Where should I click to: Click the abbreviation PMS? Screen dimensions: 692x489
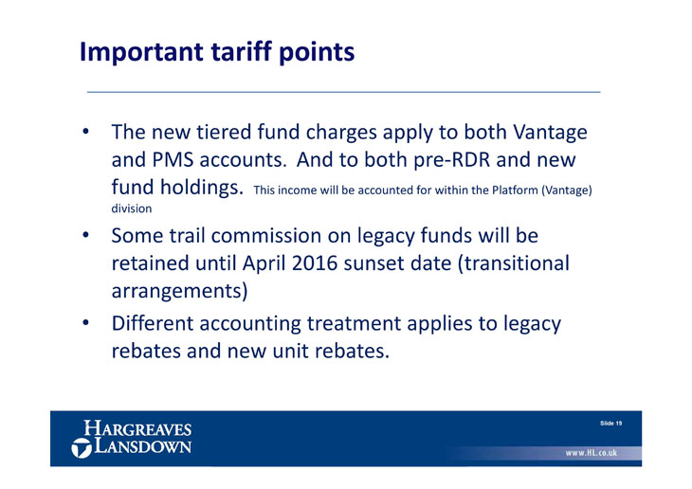pos(173,159)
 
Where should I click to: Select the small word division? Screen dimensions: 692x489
pos(132,208)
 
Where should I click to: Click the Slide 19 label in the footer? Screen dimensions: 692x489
pos(610,424)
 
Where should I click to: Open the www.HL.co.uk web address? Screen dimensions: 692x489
pos(592,453)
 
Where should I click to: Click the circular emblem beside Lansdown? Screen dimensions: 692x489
pos(82,447)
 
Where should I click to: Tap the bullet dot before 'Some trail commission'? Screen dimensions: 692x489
pos(85,235)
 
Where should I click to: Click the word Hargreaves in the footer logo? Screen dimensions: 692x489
pos(137,428)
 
